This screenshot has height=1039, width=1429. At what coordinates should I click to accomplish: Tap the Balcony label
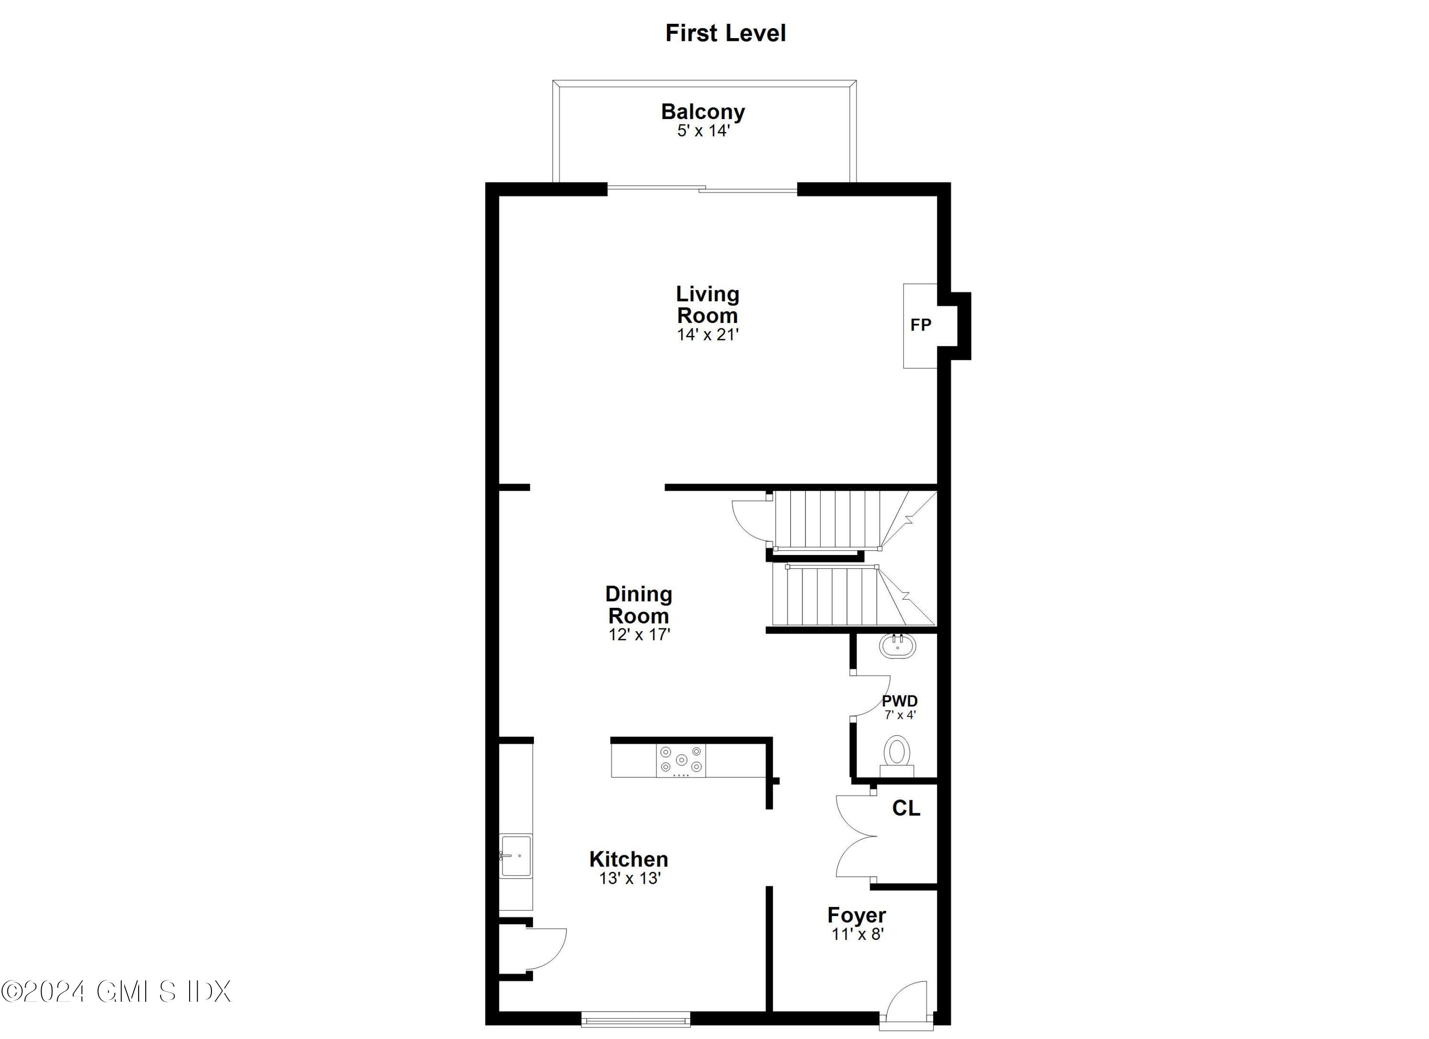point(703,111)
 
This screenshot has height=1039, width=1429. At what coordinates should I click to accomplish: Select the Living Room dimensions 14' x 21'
point(707,334)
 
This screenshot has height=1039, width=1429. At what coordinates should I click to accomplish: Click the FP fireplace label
point(921,325)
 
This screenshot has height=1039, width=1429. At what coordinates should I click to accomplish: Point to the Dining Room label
point(638,604)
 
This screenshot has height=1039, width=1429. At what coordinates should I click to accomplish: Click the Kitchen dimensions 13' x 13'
point(629,878)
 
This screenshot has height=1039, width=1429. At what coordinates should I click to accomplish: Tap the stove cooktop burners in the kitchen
point(681,760)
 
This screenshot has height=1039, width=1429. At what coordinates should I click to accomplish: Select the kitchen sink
point(515,856)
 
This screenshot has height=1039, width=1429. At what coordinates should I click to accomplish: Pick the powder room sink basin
point(897,646)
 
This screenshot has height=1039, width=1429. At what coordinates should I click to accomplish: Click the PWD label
point(899,701)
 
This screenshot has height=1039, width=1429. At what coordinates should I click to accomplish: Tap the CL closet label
point(906,808)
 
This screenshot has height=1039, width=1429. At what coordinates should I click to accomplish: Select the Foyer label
point(856,914)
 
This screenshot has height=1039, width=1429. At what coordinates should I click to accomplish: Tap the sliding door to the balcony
point(702,188)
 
